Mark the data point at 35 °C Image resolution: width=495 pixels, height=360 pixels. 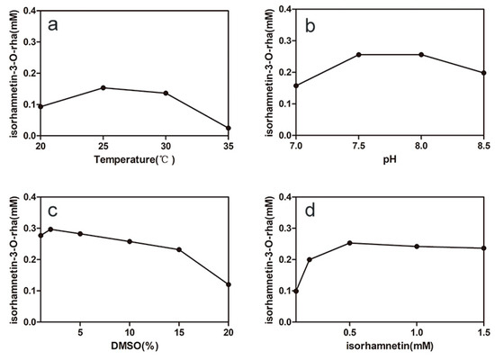pos(229,128)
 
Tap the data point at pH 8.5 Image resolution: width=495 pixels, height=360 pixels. pos(484,73)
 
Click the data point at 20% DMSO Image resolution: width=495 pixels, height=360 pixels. pos(229,284)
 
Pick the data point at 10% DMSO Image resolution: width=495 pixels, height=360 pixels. pos(130,241)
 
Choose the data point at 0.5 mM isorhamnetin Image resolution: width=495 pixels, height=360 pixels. pos(350,243)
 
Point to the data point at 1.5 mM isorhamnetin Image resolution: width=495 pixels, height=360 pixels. pos(484,248)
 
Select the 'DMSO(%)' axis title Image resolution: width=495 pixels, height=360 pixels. pos(134,347)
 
